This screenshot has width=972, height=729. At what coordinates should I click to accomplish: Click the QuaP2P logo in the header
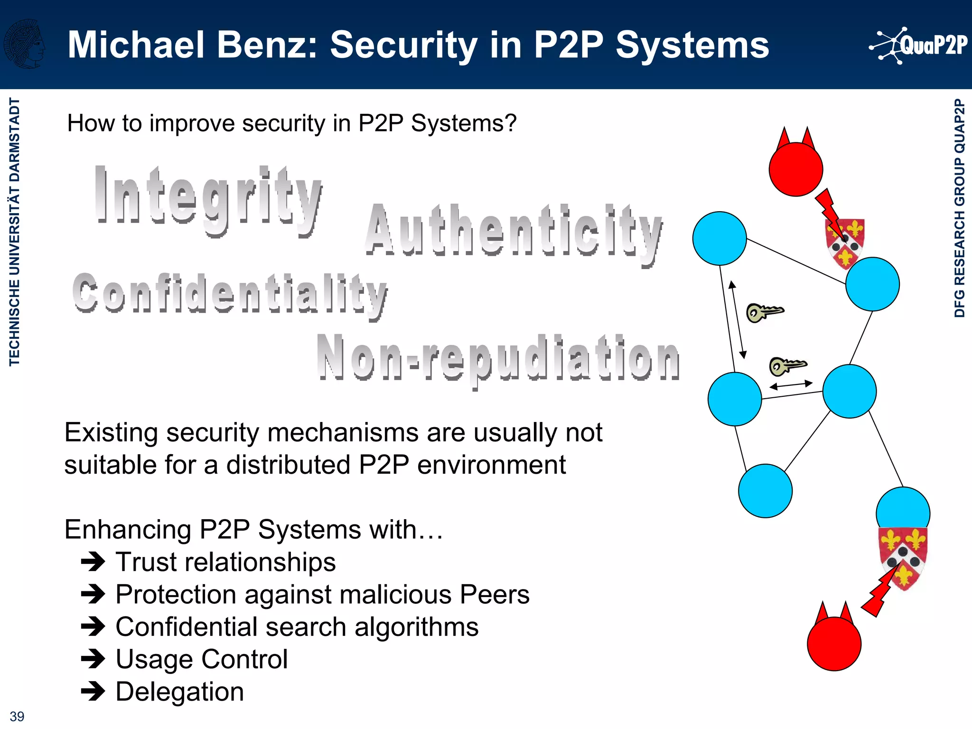919,46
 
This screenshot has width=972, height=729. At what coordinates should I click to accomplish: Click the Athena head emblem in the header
25,44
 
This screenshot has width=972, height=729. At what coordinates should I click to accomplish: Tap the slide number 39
17,716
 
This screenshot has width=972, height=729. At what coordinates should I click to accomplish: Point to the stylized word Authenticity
514,233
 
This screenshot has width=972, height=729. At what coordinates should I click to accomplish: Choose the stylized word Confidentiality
230,294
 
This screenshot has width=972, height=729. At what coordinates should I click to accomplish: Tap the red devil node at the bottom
834,641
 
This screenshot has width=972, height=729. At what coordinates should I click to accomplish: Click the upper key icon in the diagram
764,312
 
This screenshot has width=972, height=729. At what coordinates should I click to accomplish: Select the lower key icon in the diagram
787,366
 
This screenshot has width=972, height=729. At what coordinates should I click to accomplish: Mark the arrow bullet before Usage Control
93,659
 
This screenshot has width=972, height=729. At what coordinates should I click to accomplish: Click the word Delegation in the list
180,692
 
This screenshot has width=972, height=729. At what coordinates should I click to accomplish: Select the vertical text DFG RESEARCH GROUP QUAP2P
960,208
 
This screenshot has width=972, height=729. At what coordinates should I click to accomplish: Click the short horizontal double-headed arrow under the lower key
791,385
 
